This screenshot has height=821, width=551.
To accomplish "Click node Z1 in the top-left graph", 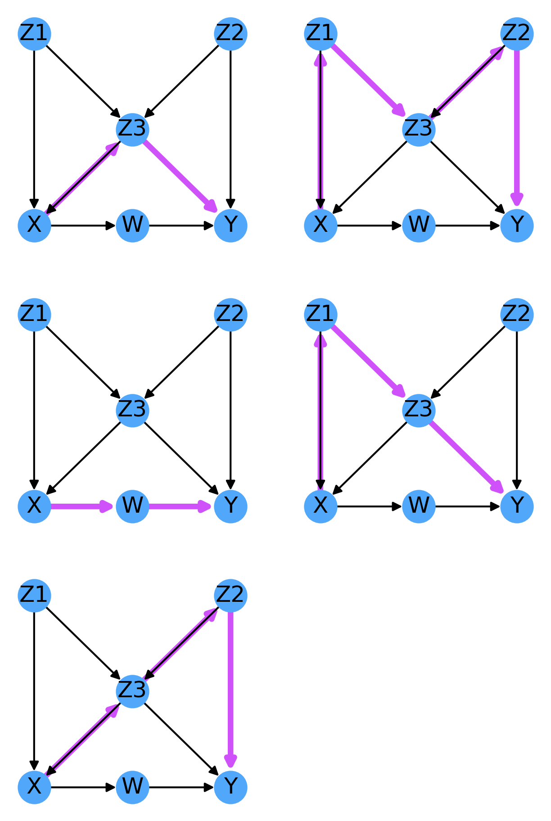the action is coord(34,34).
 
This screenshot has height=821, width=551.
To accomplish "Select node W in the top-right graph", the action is coord(419,225).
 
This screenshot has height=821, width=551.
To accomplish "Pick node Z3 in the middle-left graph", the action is coord(132,410).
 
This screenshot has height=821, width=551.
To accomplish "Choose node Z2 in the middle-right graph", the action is coord(517,314).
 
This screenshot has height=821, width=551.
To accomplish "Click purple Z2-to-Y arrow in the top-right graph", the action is coord(517,126).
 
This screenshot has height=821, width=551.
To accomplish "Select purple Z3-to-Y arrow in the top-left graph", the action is coord(180,176).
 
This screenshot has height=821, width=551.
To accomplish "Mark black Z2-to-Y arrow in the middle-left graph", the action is coord(230,405).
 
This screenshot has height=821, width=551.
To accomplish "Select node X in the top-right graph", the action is coord(321,225).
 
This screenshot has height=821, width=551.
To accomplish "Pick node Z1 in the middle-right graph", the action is coord(321,314).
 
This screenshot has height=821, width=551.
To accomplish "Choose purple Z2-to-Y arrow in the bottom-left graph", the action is coord(230,689).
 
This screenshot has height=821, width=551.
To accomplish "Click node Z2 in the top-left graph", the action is coord(230,34).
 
